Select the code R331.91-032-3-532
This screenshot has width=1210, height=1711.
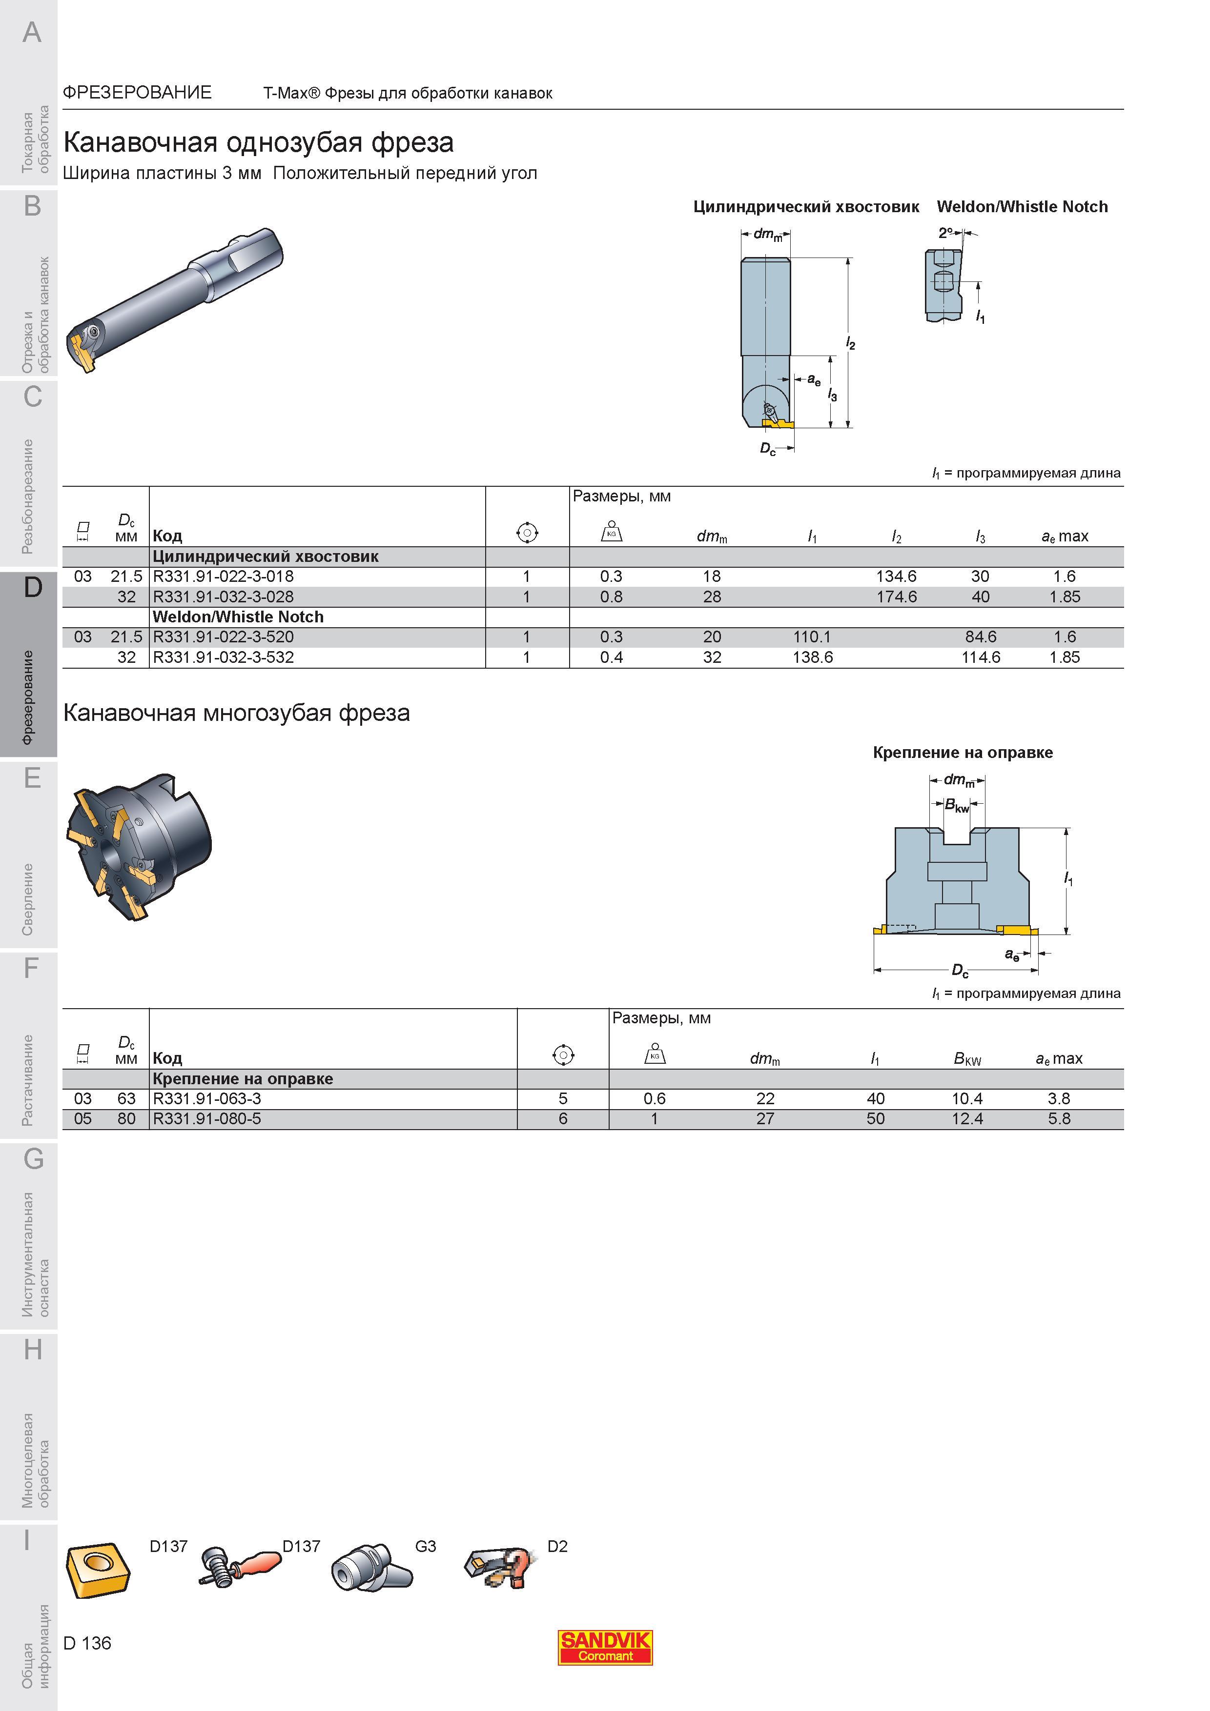coord(223,657)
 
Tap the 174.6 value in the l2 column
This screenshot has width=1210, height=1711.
coord(896,597)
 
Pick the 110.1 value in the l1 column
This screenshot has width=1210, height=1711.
coord(812,637)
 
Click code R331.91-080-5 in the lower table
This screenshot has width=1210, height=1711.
coord(206,1118)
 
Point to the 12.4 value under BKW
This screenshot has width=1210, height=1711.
coord(967,1118)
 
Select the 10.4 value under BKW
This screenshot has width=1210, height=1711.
coord(967,1098)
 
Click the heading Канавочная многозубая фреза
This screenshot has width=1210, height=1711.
coord(236,713)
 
